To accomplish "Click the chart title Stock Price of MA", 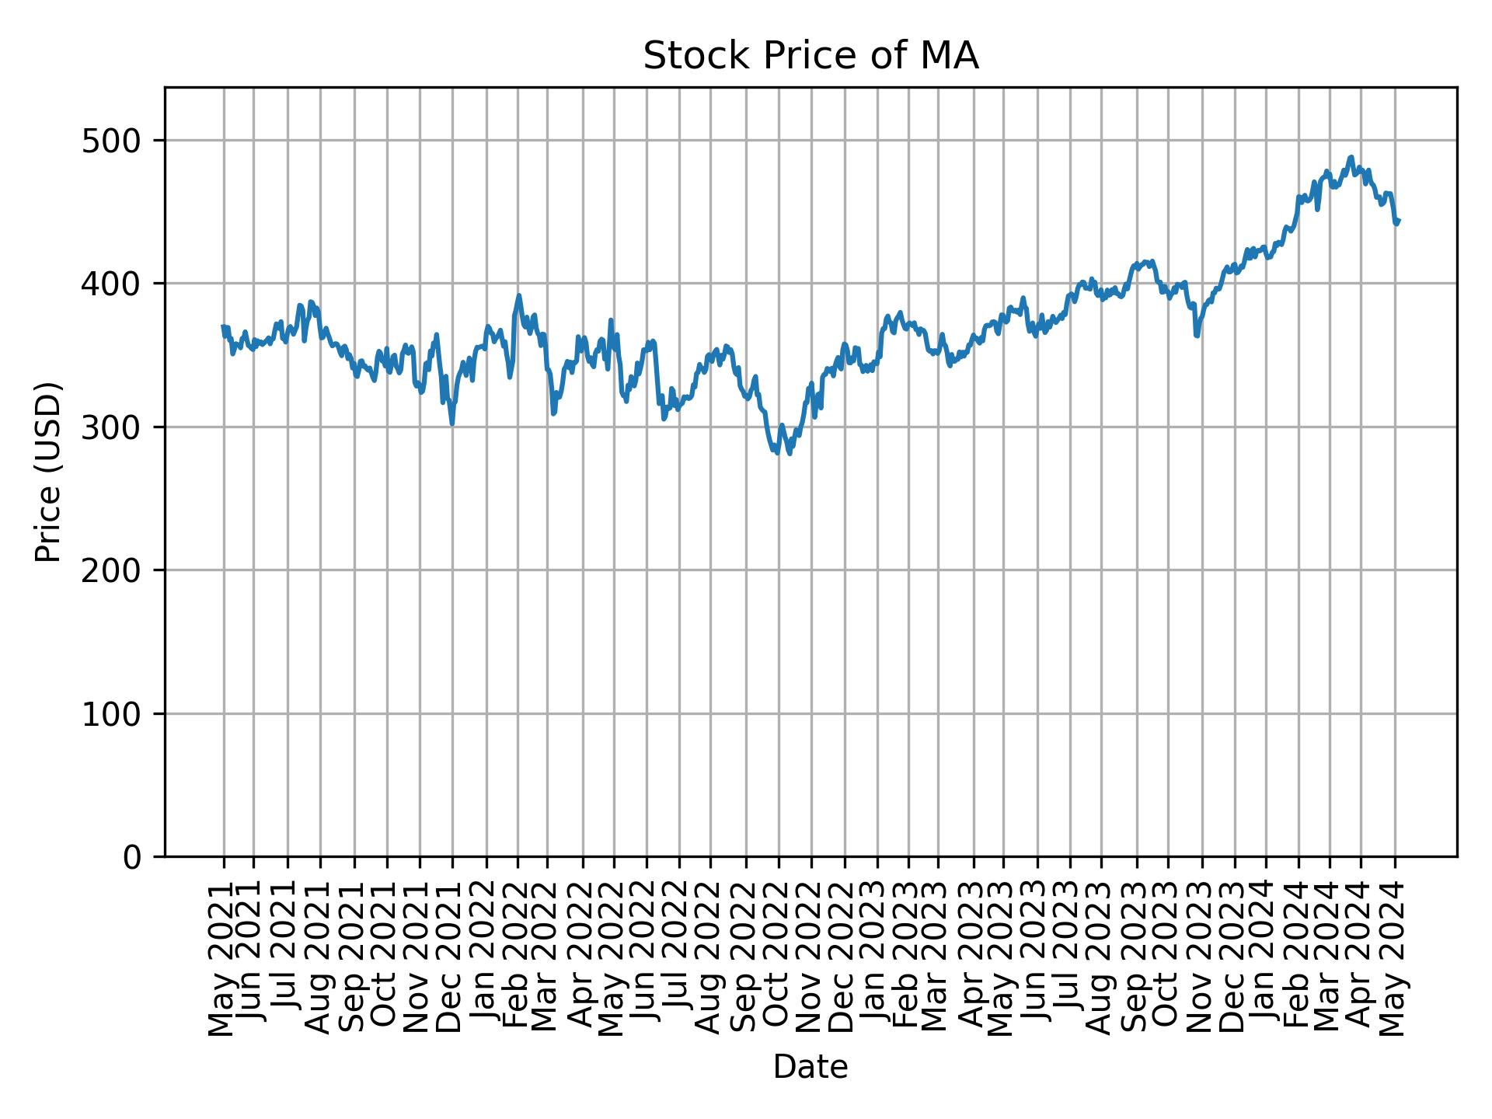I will [810, 57].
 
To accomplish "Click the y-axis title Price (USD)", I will [49, 472].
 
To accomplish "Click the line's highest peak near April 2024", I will [1351, 157].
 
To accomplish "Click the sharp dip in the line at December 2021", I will [451, 424].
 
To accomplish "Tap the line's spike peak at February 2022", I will [518, 295].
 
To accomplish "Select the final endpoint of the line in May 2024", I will [1398, 221].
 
